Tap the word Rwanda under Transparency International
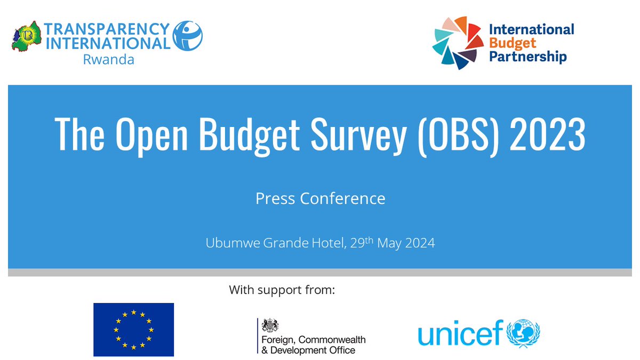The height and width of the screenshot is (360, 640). [108, 59]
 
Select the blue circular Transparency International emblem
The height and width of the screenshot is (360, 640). [188, 35]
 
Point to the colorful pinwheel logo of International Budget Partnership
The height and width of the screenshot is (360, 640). [455, 43]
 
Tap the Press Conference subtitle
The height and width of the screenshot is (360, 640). [320, 198]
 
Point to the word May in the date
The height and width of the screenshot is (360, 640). [391, 243]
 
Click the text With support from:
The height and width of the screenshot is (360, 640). [282, 291]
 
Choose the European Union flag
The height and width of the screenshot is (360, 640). [133, 330]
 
